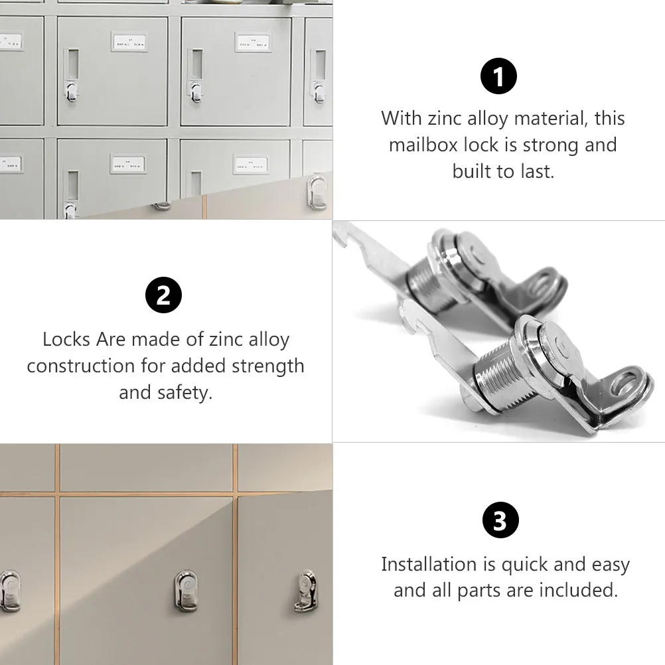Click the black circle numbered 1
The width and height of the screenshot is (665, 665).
coord(498,78)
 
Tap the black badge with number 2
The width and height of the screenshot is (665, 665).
coord(164,295)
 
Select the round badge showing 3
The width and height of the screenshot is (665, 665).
coord(499,521)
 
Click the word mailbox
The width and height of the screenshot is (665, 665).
coord(423,145)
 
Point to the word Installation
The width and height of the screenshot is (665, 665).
coord(429,564)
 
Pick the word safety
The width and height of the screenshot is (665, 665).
coord(184,392)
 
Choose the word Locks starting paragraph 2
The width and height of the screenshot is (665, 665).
coord(66,339)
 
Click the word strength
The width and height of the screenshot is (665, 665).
coord(267,366)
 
